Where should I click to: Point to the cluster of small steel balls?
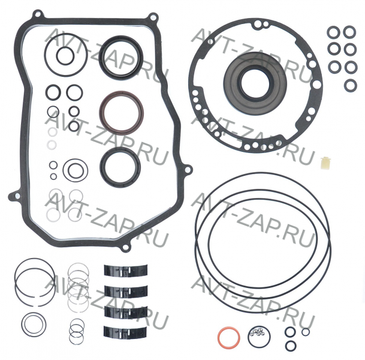(x=257, y=332)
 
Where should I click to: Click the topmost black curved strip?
(x=125, y=271)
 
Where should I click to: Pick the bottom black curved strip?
(x=125, y=332)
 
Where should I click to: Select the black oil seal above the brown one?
(x=102, y=56)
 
